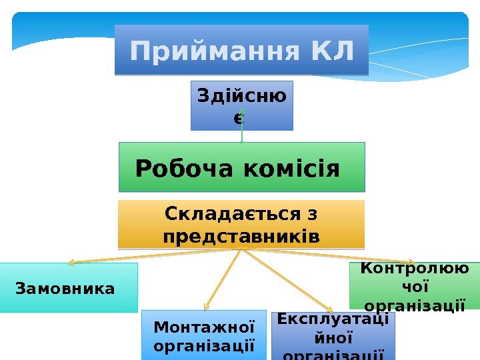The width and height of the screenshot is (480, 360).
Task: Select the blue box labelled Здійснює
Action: point(241,105)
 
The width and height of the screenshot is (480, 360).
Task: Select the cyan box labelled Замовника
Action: point(69,288)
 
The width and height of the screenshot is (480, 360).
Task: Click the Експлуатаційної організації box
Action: point(333,336)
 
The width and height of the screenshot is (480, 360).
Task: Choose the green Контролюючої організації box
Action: point(415,287)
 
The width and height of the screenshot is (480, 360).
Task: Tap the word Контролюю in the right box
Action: point(414,268)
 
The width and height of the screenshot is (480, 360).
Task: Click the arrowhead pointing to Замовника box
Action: point(71,263)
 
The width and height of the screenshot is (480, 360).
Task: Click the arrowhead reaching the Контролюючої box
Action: point(413,263)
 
